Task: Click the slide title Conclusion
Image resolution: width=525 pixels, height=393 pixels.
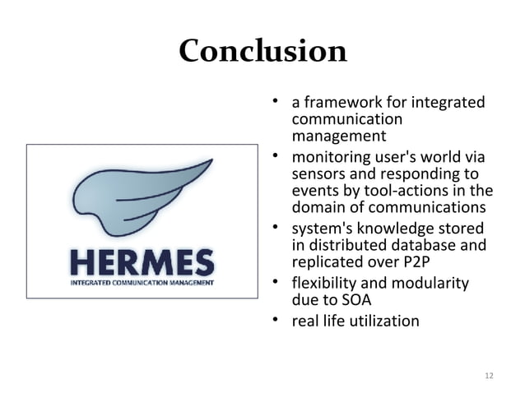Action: [x=262, y=51]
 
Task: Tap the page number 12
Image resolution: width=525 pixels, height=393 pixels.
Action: [x=490, y=376]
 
